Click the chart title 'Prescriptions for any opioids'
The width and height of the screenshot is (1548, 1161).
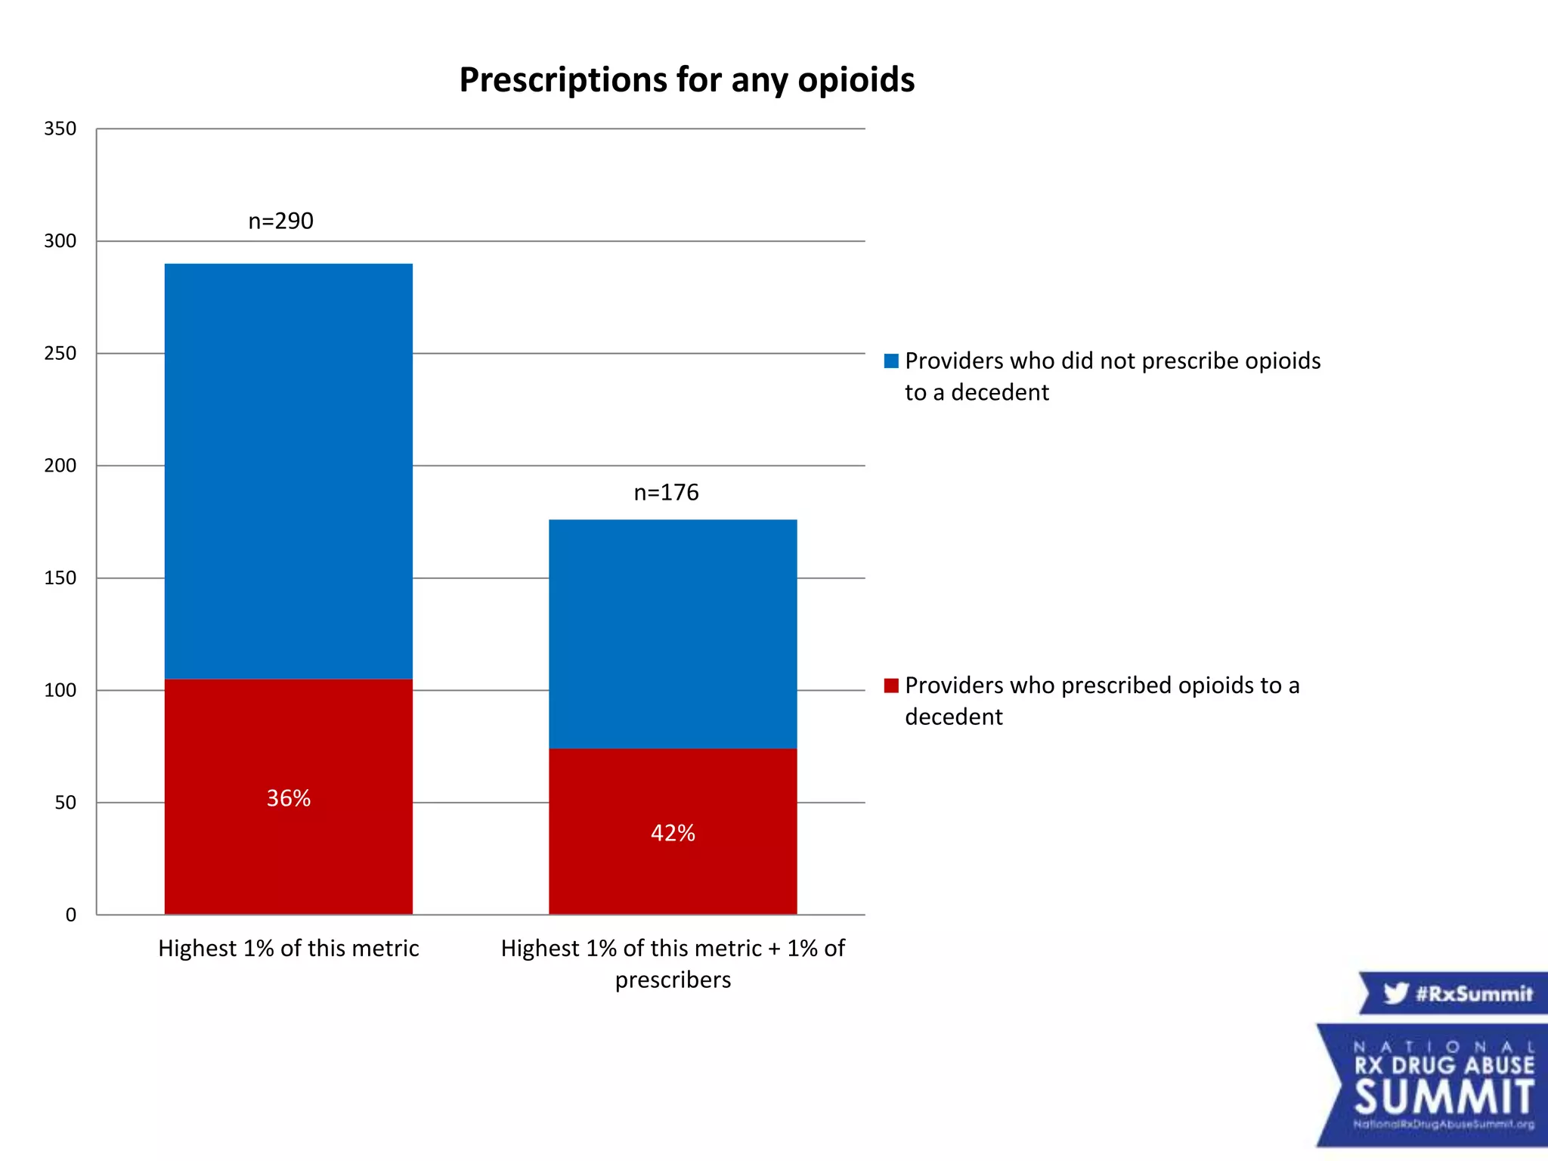pos(686,80)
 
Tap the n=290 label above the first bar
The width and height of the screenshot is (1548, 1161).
pos(280,221)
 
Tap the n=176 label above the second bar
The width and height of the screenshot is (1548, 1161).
pos(666,492)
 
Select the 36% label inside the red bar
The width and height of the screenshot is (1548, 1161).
pos(288,798)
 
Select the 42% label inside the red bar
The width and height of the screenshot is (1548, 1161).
pos(673,833)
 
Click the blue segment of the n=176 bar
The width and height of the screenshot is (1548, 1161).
pos(673,633)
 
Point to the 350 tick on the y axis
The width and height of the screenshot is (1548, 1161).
pos(60,128)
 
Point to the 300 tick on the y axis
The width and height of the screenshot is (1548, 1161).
pos(60,241)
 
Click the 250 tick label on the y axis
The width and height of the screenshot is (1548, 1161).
pos(60,353)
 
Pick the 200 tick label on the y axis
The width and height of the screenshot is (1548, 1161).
pos(60,466)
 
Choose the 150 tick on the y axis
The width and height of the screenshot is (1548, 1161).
pos(60,578)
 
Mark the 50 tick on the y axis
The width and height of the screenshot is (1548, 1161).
pos(65,803)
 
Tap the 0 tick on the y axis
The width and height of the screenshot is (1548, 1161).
pos(71,915)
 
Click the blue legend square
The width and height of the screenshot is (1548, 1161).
pos(891,361)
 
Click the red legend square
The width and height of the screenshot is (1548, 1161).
pos(891,685)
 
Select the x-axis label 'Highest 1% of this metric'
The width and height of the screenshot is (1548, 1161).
pos(288,948)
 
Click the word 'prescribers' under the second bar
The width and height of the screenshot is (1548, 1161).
pos(673,980)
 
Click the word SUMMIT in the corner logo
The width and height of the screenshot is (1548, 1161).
pos(1444,1098)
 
